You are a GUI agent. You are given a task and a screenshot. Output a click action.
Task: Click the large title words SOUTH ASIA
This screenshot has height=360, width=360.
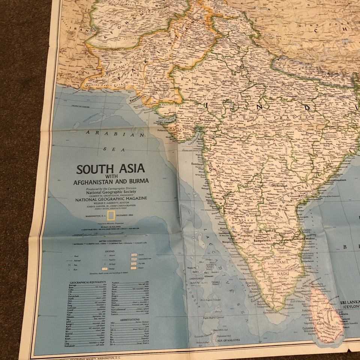[x=111, y=169]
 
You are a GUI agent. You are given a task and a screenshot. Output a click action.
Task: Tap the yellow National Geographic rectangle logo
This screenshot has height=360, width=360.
[x=111, y=215]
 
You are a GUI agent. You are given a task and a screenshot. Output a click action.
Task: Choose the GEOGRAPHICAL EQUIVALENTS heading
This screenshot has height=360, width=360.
[x=87, y=282]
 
